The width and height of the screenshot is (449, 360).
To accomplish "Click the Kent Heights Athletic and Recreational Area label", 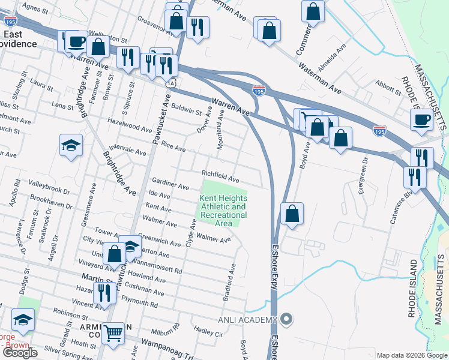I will [x=223, y=211].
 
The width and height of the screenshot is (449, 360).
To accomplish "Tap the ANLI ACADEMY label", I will [x=249, y=319].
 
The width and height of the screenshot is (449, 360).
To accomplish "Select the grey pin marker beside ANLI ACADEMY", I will [x=287, y=319].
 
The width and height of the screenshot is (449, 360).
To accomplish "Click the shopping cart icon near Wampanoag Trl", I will [x=113, y=333].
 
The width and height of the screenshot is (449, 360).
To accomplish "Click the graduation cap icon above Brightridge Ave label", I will [x=71, y=145].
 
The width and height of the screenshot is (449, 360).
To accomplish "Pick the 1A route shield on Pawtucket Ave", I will [x=172, y=82].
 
